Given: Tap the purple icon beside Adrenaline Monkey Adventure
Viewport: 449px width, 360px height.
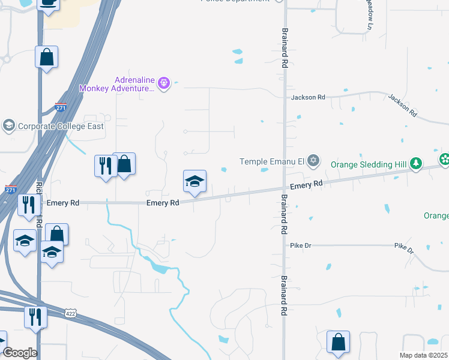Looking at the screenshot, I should point(166,83).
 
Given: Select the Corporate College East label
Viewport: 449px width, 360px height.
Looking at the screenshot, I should point(61,126).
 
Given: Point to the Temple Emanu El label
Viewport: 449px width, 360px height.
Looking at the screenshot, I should point(273,161).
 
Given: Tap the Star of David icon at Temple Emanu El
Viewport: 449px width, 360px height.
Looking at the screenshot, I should point(312,160).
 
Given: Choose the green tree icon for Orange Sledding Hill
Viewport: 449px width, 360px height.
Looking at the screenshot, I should point(415,163).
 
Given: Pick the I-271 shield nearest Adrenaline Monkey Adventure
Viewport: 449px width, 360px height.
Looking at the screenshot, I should point(60,107).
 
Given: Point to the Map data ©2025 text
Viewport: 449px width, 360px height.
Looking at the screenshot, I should point(423,355).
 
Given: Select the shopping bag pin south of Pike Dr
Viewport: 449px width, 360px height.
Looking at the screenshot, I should point(338,341).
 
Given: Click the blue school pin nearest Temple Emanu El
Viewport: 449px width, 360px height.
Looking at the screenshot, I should point(194,182).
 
